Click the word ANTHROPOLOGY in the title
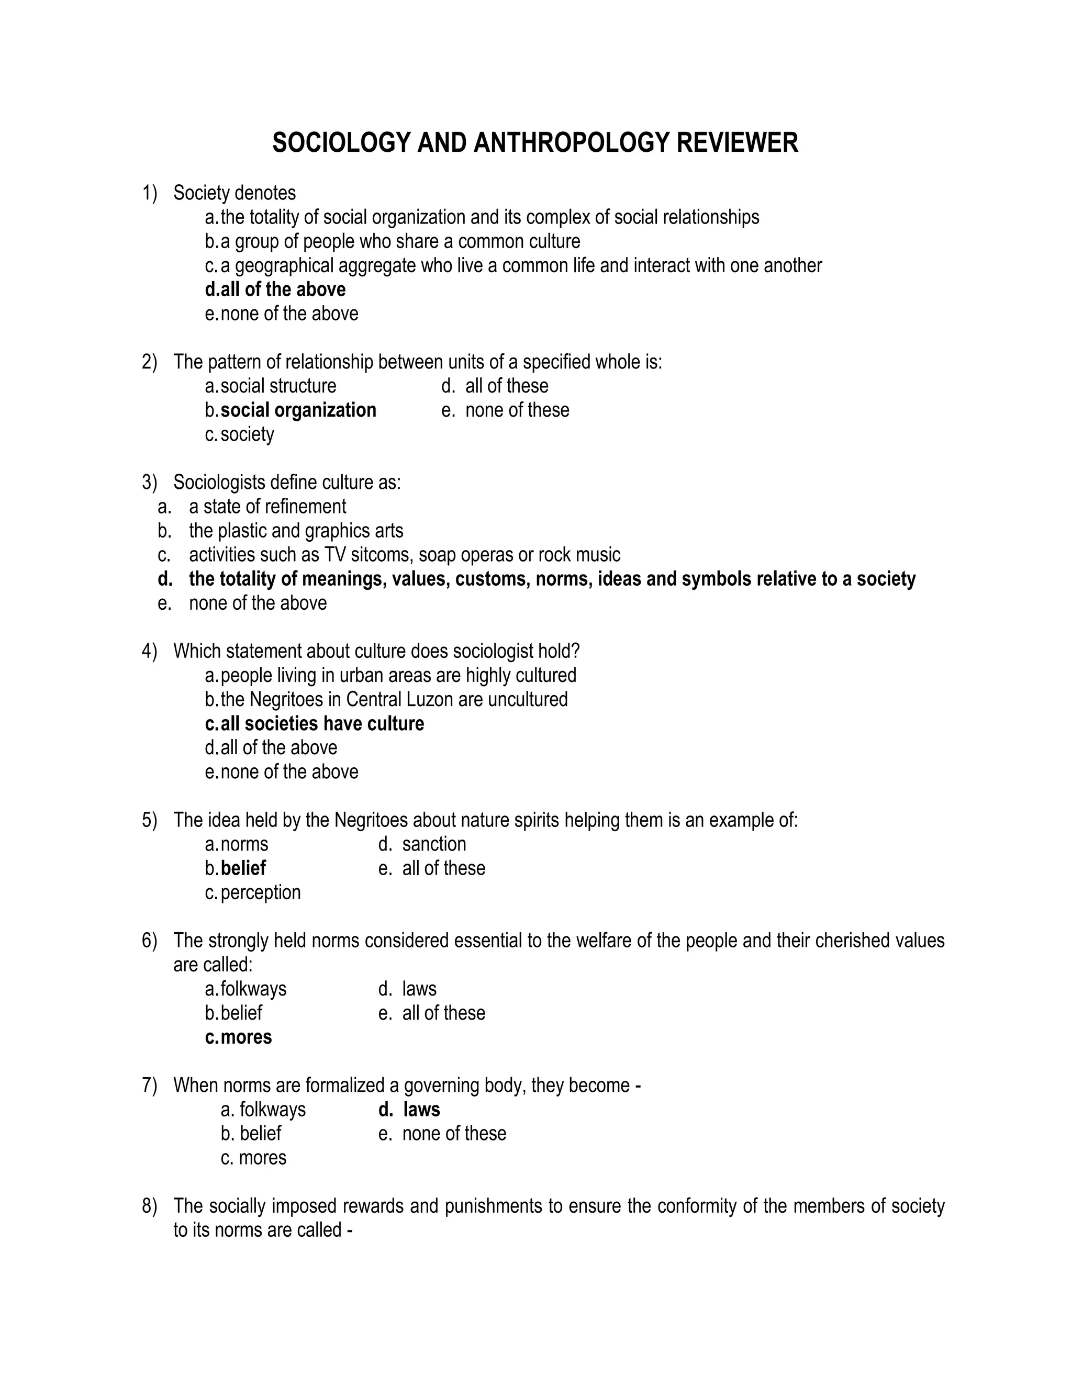click(x=572, y=143)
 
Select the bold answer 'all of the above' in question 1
click(x=283, y=289)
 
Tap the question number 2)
click(x=149, y=362)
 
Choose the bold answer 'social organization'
click(x=298, y=410)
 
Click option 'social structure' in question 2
click(x=278, y=386)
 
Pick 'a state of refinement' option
click(x=267, y=507)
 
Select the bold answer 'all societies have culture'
click(x=322, y=724)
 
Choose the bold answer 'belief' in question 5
click(x=243, y=868)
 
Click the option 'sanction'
click(x=434, y=844)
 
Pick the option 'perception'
click(x=260, y=892)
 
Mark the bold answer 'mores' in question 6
click(x=246, y=1037)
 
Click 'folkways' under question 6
click(x=253, y=989)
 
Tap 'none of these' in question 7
click(x=454, y=1134)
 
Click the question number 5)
click(x=149, y=821)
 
